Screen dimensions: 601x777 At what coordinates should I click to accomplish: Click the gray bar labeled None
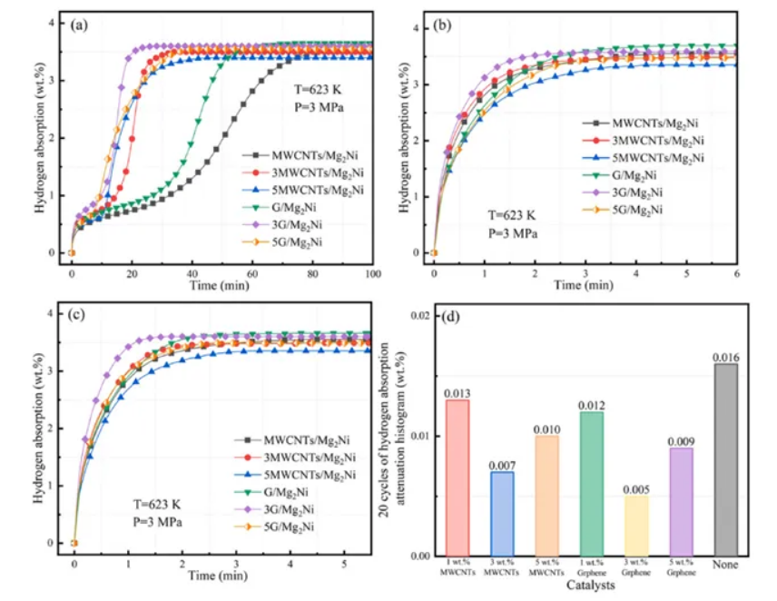[x=725, y=458]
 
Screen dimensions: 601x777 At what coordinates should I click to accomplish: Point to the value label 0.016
[x=726, y=356]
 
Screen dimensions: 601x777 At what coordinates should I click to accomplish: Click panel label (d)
[x=450, y=317]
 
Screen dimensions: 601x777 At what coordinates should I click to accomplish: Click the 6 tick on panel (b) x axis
[x=734, y=272]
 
